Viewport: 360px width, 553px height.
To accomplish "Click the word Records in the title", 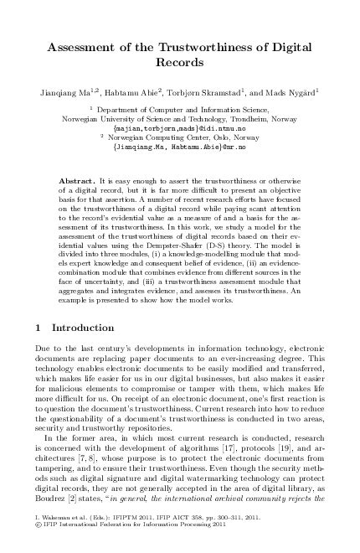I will [180, 62].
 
